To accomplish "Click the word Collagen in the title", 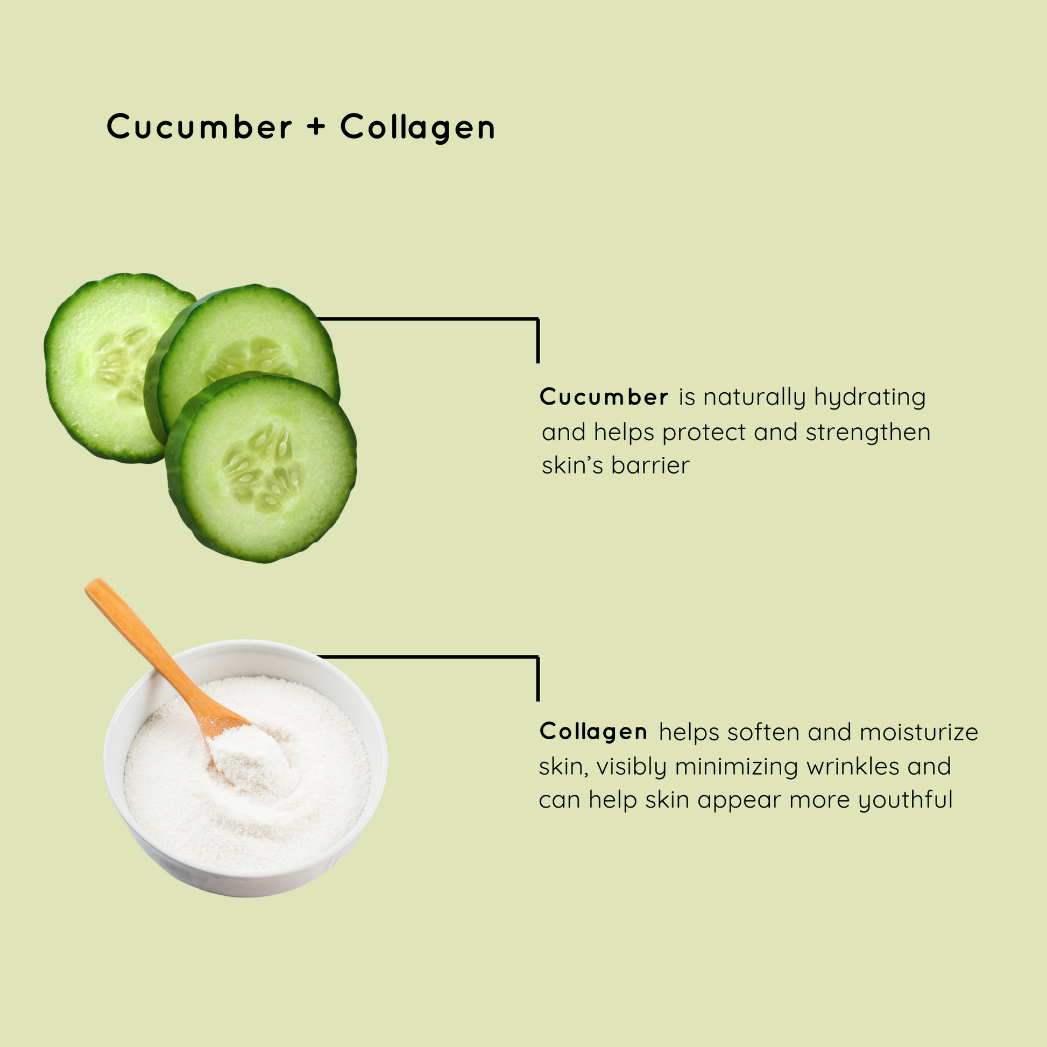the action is point(418,128).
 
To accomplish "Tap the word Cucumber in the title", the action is point(199,127).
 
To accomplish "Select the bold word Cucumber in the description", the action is point(604,397).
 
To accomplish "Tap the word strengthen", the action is point(868,433).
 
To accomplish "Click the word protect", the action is point(704,433).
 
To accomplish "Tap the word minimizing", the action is point(737,767).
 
